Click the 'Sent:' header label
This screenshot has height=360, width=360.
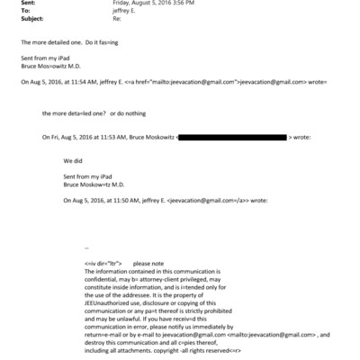pyautogui.click(x=27, y=4)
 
